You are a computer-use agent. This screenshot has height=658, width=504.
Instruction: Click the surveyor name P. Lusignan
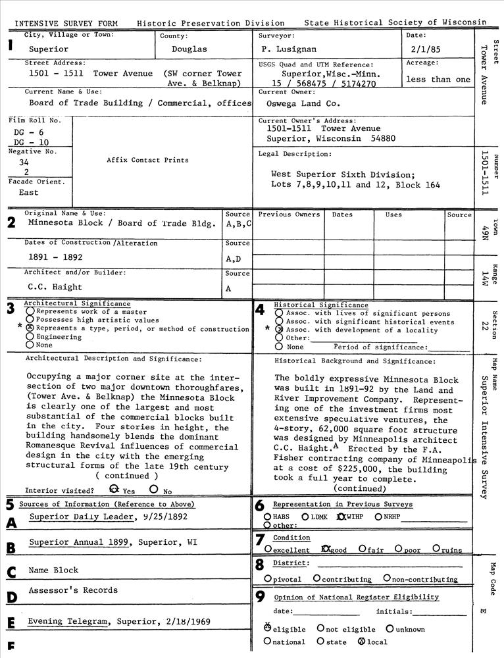click(x=288, y=49)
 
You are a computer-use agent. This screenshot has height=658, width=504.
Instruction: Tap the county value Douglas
click(x=189, y=49)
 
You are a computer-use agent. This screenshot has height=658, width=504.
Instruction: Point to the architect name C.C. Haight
click(x=55, y=287)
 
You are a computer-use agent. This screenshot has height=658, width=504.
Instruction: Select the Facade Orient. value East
click(x=29, y=193)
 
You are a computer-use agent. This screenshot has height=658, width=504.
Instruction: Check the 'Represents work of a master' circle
click(x=30, y=311)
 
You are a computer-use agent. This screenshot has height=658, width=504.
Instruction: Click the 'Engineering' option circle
click(x=30, y=336)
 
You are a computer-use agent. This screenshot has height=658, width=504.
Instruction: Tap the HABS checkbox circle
click(x=267, y=517)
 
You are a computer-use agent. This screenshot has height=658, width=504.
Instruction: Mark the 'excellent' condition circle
click(x=268, y=549)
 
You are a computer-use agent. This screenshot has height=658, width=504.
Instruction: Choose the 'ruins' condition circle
click(x=436, y=549)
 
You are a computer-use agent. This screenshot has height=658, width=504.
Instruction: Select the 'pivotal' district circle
click(x=268, y=578)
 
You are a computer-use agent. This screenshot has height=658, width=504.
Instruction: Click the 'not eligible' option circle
click(x=320, y=628)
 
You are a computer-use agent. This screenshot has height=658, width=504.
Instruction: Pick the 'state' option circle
click(x=320, y=641)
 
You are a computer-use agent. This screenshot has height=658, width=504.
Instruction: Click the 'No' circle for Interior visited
click(x=153, y=490)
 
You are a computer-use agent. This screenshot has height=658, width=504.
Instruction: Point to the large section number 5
click(x=9, y=505)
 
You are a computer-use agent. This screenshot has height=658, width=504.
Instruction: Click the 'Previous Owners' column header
click(x=289, y=215)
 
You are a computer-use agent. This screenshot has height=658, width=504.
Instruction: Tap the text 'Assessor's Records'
click(x=73, y=591)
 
